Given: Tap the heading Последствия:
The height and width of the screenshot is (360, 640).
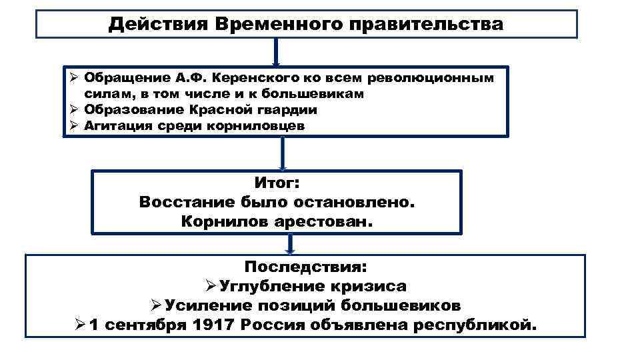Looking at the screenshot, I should (305, 267).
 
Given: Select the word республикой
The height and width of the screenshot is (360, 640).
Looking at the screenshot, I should (475, 326).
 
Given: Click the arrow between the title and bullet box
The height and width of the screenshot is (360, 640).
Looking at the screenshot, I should (276, 51).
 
